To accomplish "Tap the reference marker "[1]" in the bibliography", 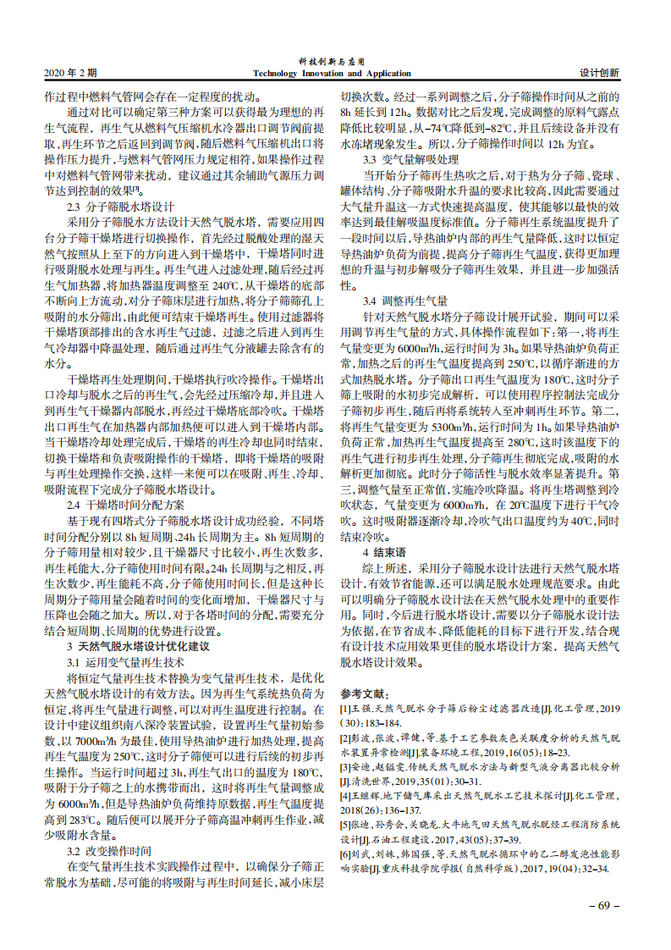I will pos(344,709).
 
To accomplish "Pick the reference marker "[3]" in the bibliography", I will pos(344,767).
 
